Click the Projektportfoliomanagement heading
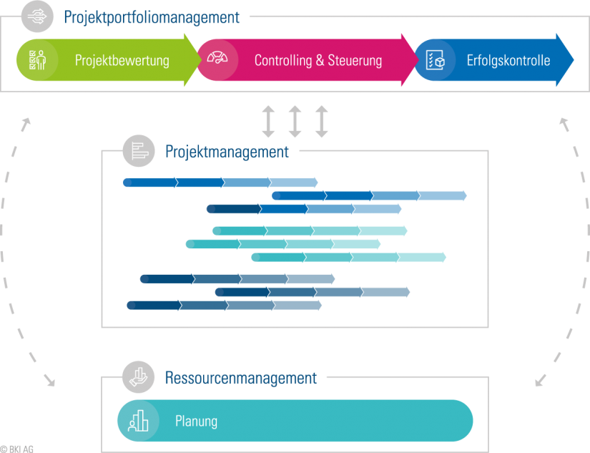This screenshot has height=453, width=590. [x=152, y=18]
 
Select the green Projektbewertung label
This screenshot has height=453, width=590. [x=122, y=60]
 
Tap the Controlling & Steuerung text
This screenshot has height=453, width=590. [x=318, y=60]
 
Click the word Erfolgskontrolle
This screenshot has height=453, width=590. [x=508, y=60]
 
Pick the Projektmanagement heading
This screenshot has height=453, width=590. [x=227, y=152]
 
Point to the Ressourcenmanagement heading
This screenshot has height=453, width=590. [x=240, y=378]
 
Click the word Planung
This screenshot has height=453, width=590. [x=196, y=421]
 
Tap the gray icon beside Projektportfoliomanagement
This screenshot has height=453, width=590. [x=38, y=17]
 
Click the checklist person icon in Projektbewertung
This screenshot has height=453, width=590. [x=32, y=60]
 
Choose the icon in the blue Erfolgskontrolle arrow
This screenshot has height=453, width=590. [x=435, y=60]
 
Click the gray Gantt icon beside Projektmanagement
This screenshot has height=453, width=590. [x=139, y=151]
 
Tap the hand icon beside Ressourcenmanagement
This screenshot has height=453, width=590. [x=139, y=376]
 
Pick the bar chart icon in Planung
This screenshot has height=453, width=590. [x=137, y=421]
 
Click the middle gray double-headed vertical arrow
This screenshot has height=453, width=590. [x=295, y=121]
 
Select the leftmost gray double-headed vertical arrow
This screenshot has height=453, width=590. [x=267, y=121]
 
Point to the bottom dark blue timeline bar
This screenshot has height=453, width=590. [x=224, y=306]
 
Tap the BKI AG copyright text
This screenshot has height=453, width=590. [x=17, y=449]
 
